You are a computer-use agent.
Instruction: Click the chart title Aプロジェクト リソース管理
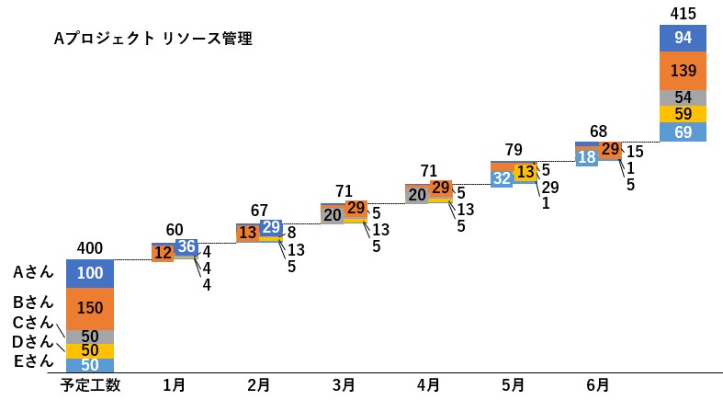(153, 40)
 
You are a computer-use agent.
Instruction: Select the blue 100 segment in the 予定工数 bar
(89, 273)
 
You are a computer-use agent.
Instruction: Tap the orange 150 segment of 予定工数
(89, 308)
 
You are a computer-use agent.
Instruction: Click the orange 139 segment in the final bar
(683, 70)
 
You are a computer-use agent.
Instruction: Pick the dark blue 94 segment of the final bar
(683, 38)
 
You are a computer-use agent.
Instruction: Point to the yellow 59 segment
(683, 114)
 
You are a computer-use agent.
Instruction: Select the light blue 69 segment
(683, 132)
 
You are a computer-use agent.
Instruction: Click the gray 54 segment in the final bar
(683, 97)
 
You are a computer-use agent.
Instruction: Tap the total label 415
(683, 13)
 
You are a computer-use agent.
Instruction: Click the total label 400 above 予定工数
(89, 248)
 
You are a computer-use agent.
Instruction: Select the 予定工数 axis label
(89, 383)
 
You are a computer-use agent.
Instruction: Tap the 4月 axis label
(428, 383)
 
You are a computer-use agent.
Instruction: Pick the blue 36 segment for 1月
(186, 247)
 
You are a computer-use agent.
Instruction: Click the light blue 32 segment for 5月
(502, 177)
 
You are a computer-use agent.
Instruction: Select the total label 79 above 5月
(514, 149)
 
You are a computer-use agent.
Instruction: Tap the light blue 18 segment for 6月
(586, 156)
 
